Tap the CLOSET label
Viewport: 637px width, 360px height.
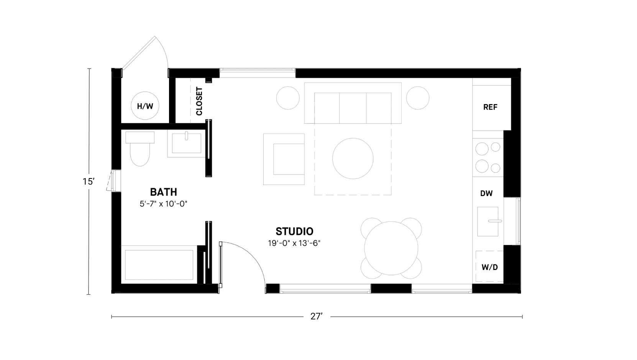[x=199, y=101]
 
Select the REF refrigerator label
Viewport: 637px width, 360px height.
[x=490, y=107]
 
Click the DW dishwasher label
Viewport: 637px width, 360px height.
[x=486, y=193]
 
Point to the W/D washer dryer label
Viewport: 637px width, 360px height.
[x=490, y=267]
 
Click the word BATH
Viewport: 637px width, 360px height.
[x=164, y=192]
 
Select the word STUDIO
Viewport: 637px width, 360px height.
[x=294, y=231]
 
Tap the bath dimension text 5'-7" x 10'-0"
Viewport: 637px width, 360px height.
[x=164, y=204]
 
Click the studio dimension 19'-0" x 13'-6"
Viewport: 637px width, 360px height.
[x=294, y=243]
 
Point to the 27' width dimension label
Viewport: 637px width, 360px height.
[x=317, y=316]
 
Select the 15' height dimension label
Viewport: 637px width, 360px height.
[x=89, y=181]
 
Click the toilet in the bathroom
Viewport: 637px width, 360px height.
[x=140, y=149]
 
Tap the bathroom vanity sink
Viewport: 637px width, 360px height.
[x=187, y=143]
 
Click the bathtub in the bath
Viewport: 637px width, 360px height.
[x=159, y=265]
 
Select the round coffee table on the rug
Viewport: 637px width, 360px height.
[x=353, y=159]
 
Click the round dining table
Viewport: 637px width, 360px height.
[x=391, y=248]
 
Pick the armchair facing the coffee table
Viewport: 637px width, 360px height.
[x=284, y=159]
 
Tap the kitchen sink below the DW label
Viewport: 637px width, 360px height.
[x=488, y=221]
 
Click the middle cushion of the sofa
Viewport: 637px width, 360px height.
[x=353, y=108]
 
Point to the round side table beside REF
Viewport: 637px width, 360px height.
[x=418, y=98]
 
